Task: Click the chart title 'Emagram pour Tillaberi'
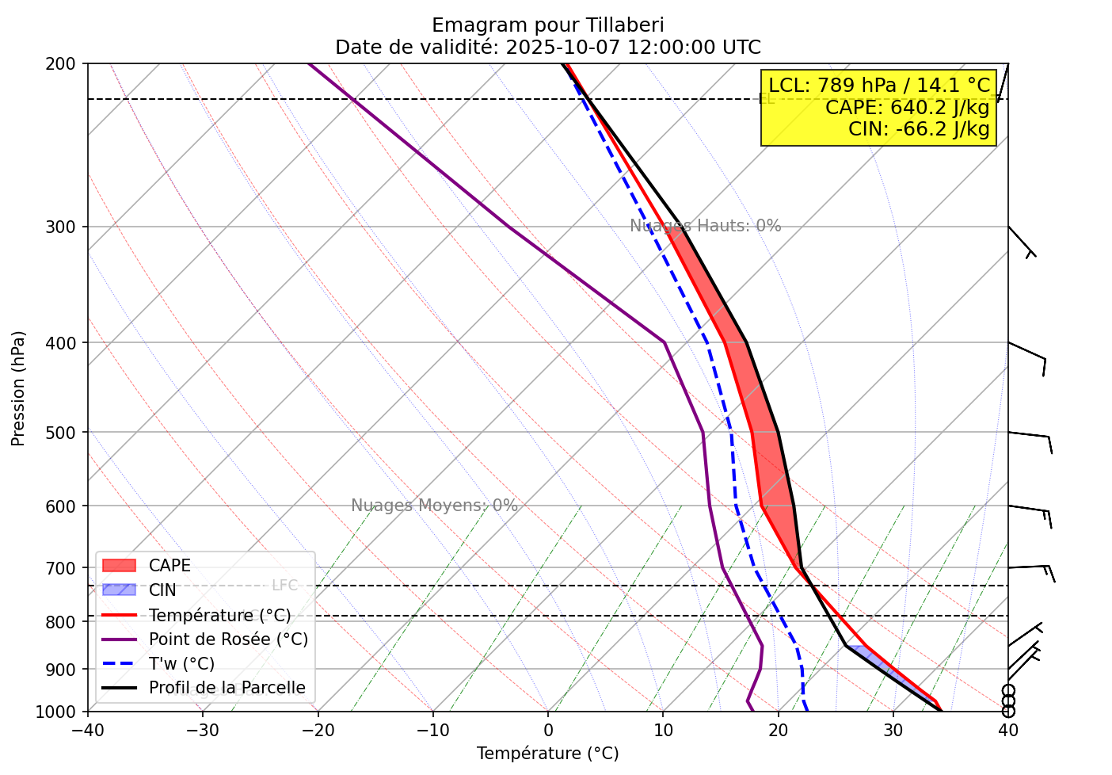[x=547, y=25]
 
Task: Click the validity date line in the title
[x=547, y=48]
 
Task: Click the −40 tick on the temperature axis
[x=87, y=731]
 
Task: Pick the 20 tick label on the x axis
[x=778, y=731]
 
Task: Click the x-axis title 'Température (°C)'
[x=547, y=754]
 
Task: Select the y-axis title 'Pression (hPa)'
[x=19, y=388]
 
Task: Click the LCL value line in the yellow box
[x=879, y=86]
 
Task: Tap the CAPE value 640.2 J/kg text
[x=907, y=107]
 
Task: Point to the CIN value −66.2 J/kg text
[x=919, y=128]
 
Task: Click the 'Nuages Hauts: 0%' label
[x=705, y=226]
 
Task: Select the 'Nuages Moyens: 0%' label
[x=434, y=506]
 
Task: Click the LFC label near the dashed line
[x=284, y=586]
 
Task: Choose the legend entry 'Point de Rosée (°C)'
[x=228, y=639]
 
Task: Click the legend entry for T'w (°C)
[x=181, y=664]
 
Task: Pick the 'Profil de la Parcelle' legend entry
[x=227, y=688]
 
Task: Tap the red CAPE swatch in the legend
[x=120, y=566]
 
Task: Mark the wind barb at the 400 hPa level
[x=1028, y=353]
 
